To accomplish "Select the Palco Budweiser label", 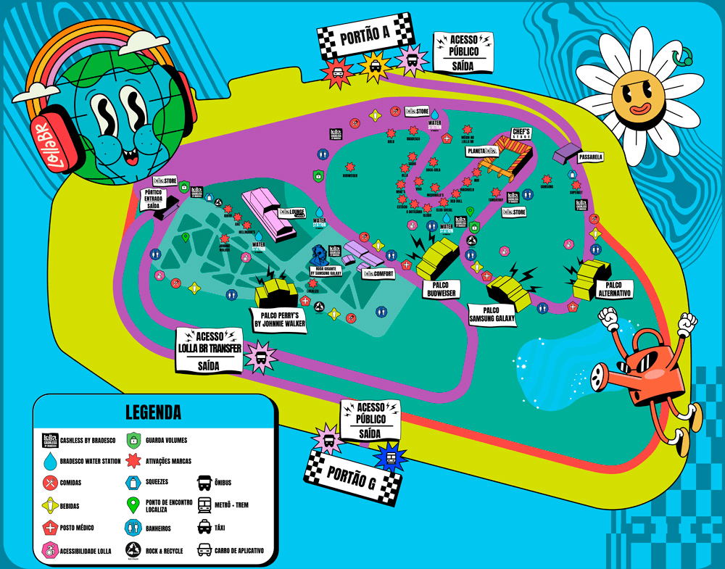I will pyautogui.click(x=442, y=289).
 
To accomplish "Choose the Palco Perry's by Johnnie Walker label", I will pyautogui.click(x=278, y=320).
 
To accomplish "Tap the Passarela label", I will pyautogui.click(x=592, y=157).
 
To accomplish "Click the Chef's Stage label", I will pyautogui.click(x=521, y=134).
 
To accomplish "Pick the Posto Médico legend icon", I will pyautogui.click(x=50, y=528).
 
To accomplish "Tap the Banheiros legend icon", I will pyautogui.click(x=133, y=528).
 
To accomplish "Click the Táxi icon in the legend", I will pyautogui.click(x=204, y=528).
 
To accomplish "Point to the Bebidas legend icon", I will pyautogui.click(x=50, y=506).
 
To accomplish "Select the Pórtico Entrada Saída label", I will pyautogui.click(x=154, y=199).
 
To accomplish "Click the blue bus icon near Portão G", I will pyautogui.click(x=391, y=457).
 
